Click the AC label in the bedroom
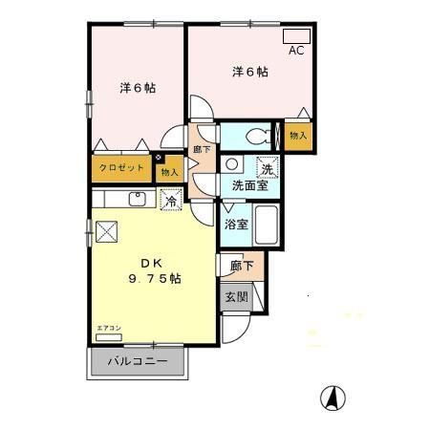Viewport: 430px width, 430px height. pyautogui.click(x=296, y=50)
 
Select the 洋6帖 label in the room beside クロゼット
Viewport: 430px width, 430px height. pyautogui.click(x=138, y=88)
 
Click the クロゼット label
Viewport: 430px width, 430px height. pyautogui.click(x=122, y=168)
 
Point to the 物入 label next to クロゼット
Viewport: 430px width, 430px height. pyautogui.click(x=170, y=172)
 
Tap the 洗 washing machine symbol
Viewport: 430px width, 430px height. pyautogui.click(x=268, y=168)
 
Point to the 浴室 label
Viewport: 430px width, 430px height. pyautogui.click(x=237, y=226)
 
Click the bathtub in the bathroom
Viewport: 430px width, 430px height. pyautogui.click(x=267, y=226)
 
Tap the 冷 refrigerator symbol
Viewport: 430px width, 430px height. pyautogui.click(x=172, y=201)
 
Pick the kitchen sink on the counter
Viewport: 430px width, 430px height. pyautogui.click(x=138, y=199)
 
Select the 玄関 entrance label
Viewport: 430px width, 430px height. pyautogui.click(x=237, y=297)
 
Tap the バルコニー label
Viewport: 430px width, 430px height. pyautogui.click(x=137, y=362)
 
